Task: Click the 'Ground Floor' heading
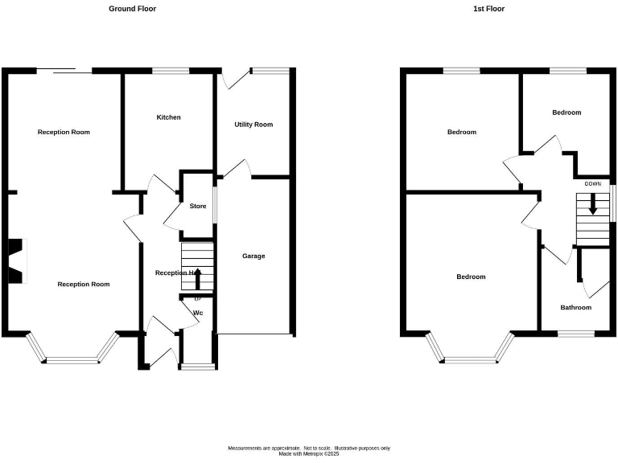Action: tap(133, 9)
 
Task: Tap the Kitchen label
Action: tap(168, 117)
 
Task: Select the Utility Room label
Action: tap(253, 125)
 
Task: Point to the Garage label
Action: tap(253, 256)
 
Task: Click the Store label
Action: tap(198, 207)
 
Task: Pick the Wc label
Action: tap(197, 313)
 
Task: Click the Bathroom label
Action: tap(575, 308)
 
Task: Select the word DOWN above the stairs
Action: tap(592, 184)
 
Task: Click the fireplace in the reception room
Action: tap(17, 261)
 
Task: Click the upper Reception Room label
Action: tap(64, 132)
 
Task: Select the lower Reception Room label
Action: tap(83, 285)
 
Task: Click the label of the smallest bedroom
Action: tap(566, 113)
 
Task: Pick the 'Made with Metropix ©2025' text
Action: tap(309, 454)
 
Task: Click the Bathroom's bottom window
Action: tap(575, 333)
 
